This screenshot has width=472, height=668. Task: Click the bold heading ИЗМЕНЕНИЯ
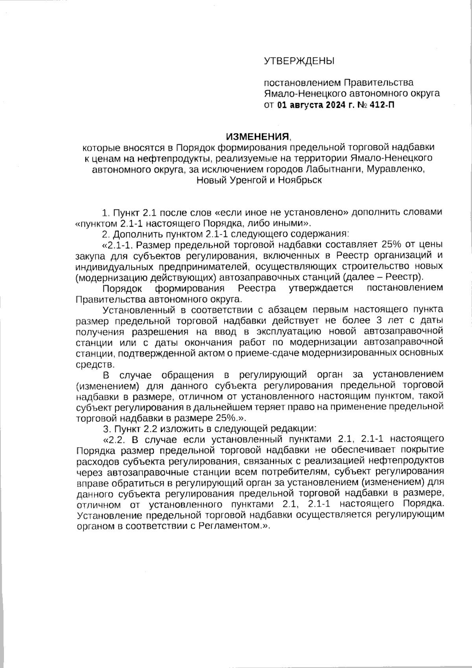click(x=257, y=137)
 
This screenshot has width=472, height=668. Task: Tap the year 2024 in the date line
click(x=334, y=105)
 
